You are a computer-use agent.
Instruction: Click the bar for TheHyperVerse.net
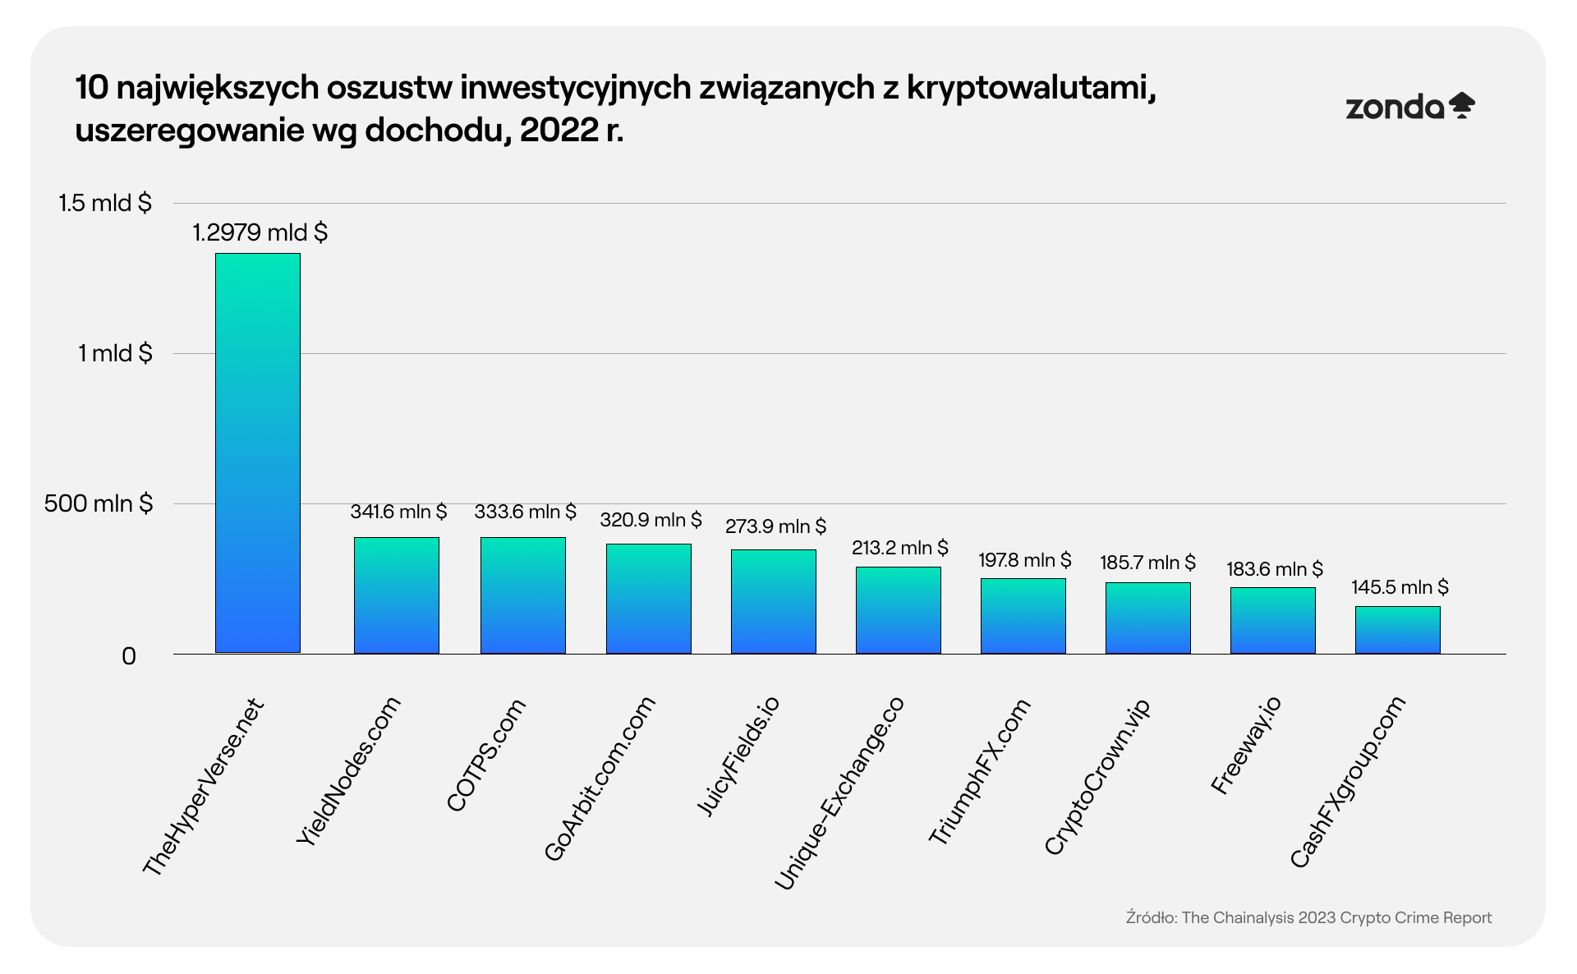pyautogui.click(x=258, y=453)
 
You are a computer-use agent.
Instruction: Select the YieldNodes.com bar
pyautogui.click(x=397, y=595)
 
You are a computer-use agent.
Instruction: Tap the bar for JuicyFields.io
pyautogui.click(x=774, y=601)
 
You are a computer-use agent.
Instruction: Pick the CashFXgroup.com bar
pyautogui.click(x=1397, y=630)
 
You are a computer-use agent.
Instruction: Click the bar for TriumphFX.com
pyautogui.click(x=1023, y=616)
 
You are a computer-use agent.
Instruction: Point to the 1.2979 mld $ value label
pyautogui.click(x=260, y=233)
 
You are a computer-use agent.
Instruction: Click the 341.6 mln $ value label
pyautogui.click(x=398, y=512)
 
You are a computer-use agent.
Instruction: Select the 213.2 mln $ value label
pyautogui.click(x=899, y=548)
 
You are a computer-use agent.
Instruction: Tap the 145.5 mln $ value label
pyautogui.click(x=1400, y=587)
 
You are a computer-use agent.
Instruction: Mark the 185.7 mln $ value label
pyautogui.click(x=1147, y=563)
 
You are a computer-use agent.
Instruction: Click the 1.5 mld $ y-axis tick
pyautogui.click(x=105, y=203)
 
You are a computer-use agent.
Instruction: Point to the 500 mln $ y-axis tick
pyautogui.click(x=99, y=503)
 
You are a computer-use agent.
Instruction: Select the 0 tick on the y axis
pyautogui.click(x=129, y=656)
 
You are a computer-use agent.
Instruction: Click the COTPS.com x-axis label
pyautogui.click(x=486, y=754)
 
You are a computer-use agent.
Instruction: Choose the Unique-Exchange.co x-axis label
pyautogui.click(x=839, y=792)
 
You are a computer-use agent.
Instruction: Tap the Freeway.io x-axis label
pyautogui.click(x=1246, y=744)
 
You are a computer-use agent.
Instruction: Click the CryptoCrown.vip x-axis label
pyautogui.click(x=1098, y=776)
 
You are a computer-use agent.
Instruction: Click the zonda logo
pyautogui.click(x=1409, y=107)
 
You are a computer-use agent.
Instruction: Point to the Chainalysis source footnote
pyautogui.click(x=1308, y=917)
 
